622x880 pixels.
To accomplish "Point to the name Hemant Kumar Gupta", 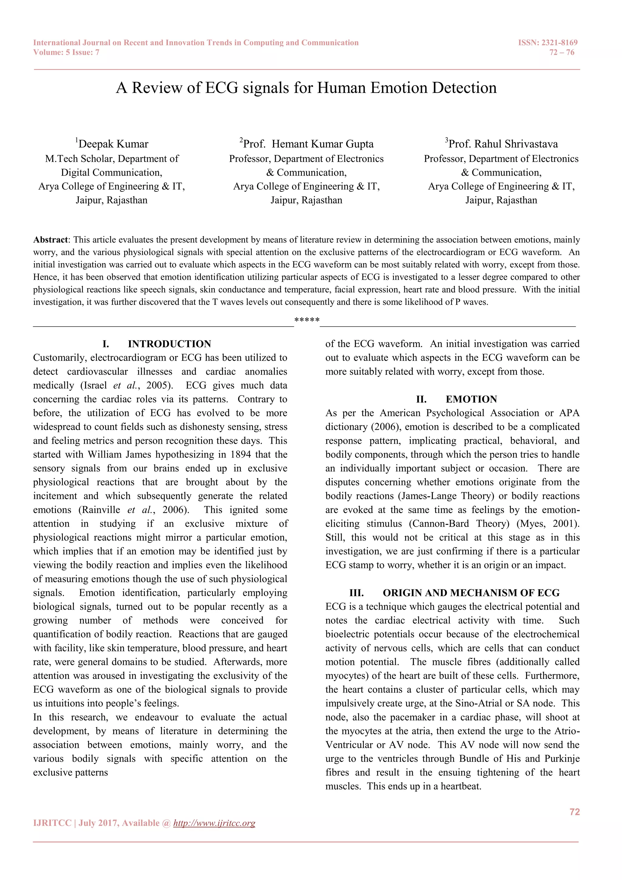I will coord(323,144).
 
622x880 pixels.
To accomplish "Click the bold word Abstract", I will coord(50,240).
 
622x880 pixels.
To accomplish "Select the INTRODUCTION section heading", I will coord(169,344).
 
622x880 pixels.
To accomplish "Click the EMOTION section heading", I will coord(471,399).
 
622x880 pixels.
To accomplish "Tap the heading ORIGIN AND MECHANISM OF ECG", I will coord(471,593).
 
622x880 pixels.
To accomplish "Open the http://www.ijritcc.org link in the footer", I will coord(214,823).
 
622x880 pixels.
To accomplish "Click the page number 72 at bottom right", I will coord(575,812).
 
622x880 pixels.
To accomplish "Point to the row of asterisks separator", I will coord(307,320).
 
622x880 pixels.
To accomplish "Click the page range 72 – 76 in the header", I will coord(562,53).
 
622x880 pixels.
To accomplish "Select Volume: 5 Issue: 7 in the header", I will coord(66,53).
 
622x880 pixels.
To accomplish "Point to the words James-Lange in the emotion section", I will coord(429,496).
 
